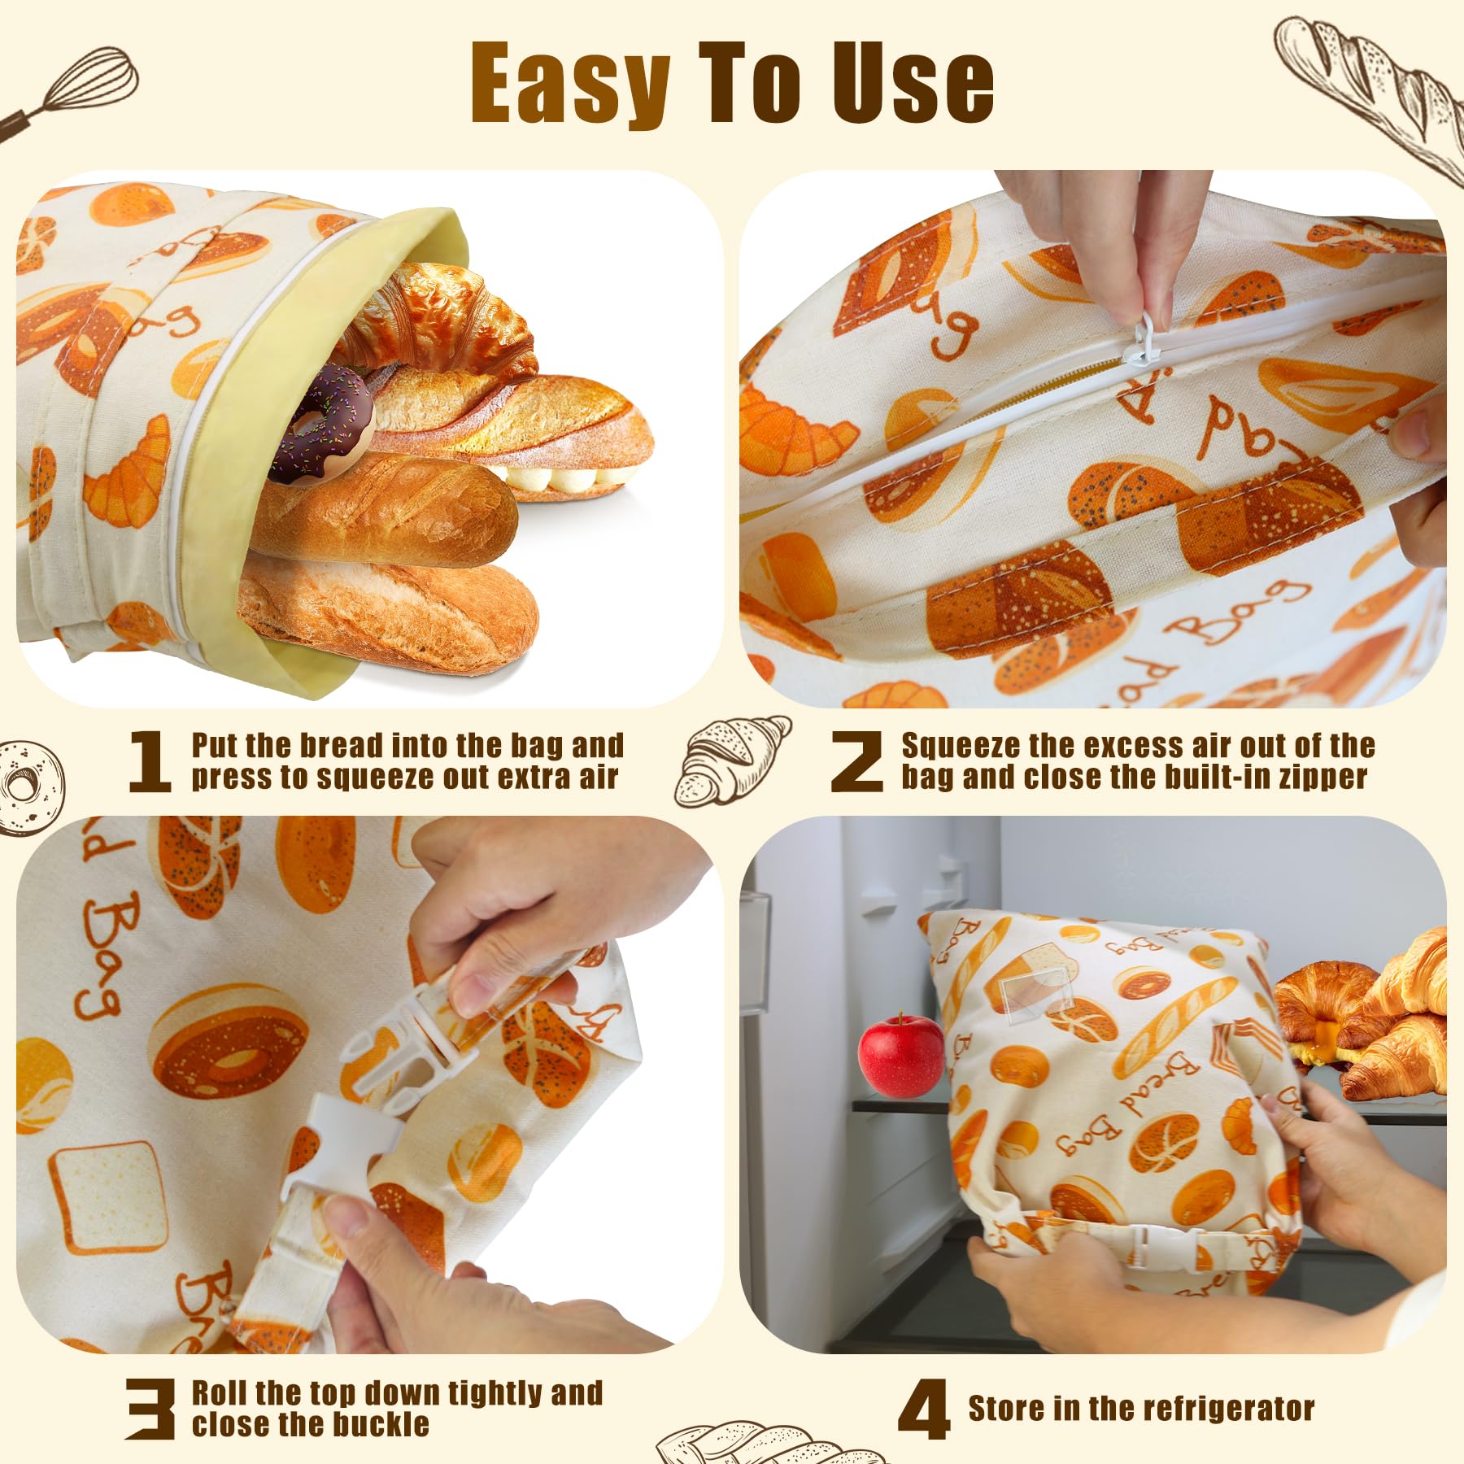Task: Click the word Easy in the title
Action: (x=570, y=84)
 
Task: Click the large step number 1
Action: (x=150, y=761)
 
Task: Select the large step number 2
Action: (x=856, y=761)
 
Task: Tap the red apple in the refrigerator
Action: (x=901, y=1055)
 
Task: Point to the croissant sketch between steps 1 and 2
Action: (x=733, y=760)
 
